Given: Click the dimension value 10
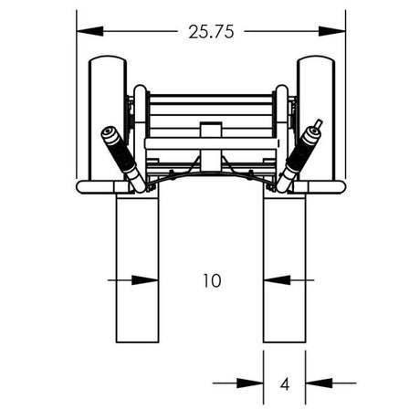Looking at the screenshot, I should (212, 280).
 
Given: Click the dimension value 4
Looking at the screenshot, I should (284, 384).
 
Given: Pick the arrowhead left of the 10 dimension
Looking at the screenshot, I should (146, 280).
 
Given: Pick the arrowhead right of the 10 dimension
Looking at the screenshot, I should (274, 280).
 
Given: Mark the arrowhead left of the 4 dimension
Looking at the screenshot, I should (253, 383).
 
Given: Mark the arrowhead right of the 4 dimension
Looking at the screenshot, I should (315, 383).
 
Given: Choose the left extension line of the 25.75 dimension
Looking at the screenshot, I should (77, 91).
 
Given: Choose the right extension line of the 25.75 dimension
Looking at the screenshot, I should (346, 91).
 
